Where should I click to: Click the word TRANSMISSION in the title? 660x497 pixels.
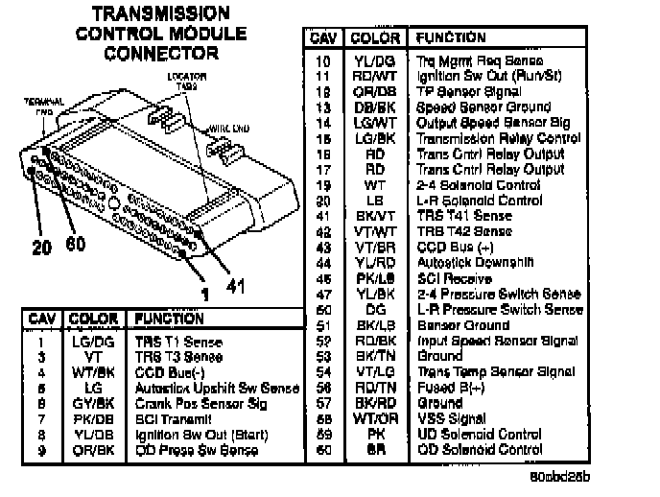pyautogui.click(x=160, y=13)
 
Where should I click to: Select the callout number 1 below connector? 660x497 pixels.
pyautogui.click(x=202, y=294)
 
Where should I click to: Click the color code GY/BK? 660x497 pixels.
pyautogui.click(x=94, y=403)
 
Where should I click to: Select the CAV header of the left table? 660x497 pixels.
pyautogui.click(x=41, y=319)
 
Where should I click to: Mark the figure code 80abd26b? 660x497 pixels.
pyautogui.click(x=558, y=476)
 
